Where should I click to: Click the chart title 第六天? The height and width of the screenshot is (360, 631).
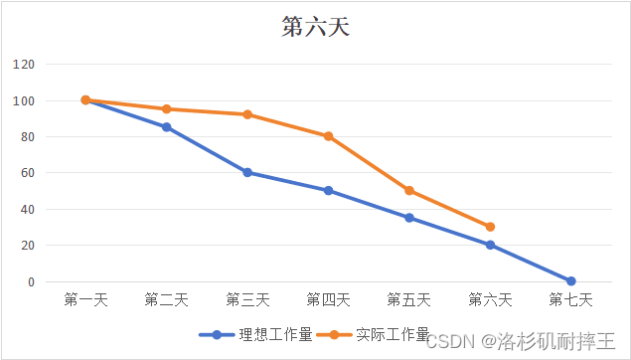coord(315,27)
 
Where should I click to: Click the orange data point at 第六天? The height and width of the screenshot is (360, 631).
coord(490,227)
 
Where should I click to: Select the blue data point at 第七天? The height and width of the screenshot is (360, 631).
coord(570,281)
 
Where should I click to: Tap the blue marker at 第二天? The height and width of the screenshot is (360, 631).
coord(166,127)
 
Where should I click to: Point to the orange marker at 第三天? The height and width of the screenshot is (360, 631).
coord(246,114)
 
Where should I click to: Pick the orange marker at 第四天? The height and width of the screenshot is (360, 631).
coord(328,136)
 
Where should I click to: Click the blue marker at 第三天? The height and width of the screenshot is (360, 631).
coord(246,172)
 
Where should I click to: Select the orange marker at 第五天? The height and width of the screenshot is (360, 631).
coord(408,191)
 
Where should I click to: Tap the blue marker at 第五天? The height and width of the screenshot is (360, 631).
coord(408,218)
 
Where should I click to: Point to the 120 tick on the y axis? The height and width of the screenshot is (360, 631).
coord(24,65)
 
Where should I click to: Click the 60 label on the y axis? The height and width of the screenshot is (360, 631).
coord(27,173)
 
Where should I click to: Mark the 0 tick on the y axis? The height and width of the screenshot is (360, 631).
coord(30,281)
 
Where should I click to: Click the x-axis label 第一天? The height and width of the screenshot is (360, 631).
coord(85,299)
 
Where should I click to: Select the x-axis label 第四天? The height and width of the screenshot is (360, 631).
coord(328,299)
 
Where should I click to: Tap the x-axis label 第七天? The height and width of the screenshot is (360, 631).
coord(570,299)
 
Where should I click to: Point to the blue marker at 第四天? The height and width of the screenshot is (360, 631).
coord(328,191)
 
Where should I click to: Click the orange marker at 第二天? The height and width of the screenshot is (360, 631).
coord(166,109)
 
